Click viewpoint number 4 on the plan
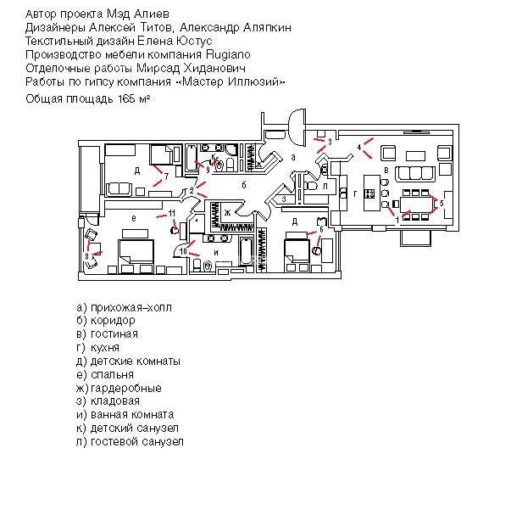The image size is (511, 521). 359,148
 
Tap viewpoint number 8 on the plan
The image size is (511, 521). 86,255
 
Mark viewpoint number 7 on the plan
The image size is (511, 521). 166,176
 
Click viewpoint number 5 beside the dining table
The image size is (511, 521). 440,203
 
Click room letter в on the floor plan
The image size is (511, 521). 386,171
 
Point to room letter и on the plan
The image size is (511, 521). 215,252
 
